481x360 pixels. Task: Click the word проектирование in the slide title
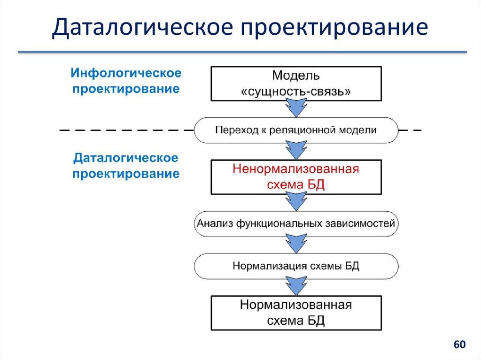point(334,28)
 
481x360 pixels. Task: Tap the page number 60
point(459,345)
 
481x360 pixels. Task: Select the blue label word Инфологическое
point(126,74)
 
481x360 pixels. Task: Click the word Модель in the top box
point(296,76)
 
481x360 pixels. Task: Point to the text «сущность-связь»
point(296,91)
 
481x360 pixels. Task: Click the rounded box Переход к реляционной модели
point(296,130)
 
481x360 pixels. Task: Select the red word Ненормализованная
point(296,169)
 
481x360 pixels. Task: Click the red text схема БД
point(296,184)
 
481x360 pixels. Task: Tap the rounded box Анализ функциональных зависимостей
point(296,223)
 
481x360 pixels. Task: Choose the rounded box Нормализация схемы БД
point(296,266)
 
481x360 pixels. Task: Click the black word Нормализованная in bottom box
point(296,305)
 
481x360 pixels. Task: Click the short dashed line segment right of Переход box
point(410,130)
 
